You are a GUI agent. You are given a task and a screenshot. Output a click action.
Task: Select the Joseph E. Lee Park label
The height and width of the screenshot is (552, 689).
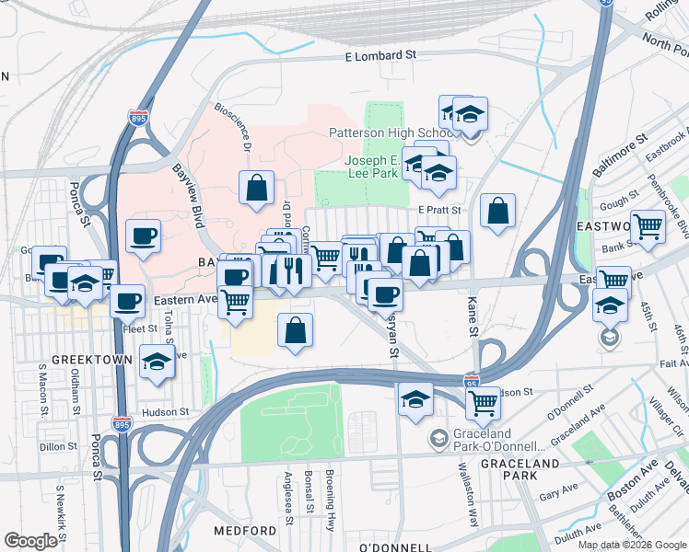click(376, 166)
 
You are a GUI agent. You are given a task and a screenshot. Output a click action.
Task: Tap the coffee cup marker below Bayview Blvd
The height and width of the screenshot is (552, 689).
click(143, 236)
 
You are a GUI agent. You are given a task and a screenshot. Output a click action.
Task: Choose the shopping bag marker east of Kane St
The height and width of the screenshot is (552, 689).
click(498, 211)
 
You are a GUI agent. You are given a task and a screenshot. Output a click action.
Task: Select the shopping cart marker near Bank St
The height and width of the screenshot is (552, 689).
click(648, 224)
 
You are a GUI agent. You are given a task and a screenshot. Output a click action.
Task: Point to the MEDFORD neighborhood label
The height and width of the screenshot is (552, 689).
click(245, 532)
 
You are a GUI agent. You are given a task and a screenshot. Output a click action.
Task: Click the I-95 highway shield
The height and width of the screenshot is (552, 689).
click(472, 379)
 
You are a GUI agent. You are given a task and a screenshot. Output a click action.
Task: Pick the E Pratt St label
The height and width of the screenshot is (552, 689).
click(438, 210)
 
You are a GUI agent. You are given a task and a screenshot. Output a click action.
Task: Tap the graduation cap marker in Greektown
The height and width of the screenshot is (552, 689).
click(156, 363)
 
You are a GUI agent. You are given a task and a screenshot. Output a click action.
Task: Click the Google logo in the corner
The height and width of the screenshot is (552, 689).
click(30, 541)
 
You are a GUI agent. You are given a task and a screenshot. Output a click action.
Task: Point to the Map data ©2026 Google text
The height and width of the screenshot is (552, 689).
click(631, 545)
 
